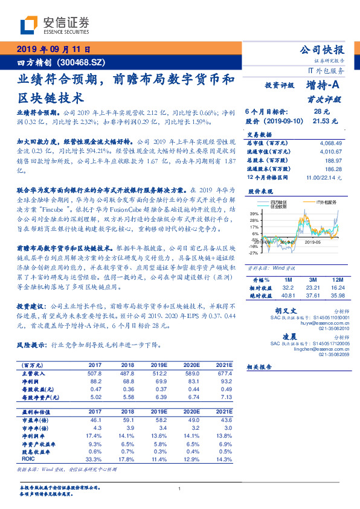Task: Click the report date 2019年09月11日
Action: coord(53,50)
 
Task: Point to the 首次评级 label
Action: coord(327,99)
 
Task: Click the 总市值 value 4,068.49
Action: coord(329,142)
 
